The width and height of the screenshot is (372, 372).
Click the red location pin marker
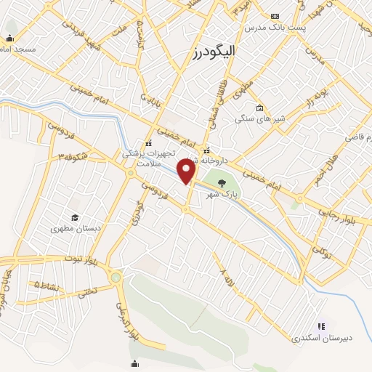click(x=188, y=172)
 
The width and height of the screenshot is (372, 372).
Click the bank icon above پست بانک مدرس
click(x=275, y=16)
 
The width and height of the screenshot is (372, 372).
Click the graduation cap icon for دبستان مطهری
click(x=74, y=217)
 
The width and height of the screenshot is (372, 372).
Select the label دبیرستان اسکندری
click(x=316, y=338)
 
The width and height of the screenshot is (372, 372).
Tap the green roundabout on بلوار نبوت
click(x=116, y=277)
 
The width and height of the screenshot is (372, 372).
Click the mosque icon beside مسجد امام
click(x=10, y=39)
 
